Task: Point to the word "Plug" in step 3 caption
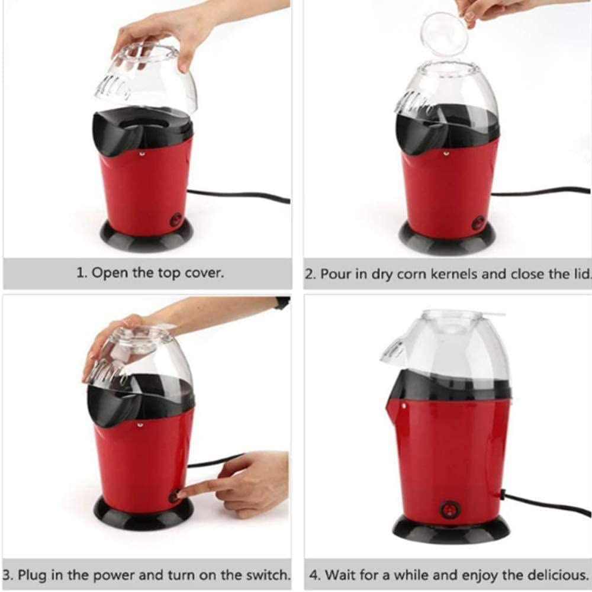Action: pos(32,575)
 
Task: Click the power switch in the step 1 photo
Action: pos(176,219)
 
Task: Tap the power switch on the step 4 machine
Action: pos(450,510)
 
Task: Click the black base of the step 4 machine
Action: pos(451,528)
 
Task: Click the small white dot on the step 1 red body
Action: pos(141,154)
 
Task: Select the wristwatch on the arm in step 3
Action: pos(282,303)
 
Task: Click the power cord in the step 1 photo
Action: pos(239,196)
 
